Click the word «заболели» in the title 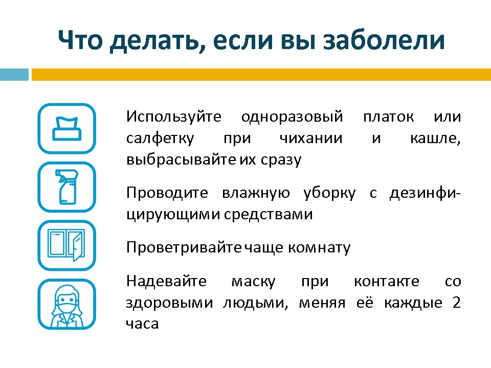(384, 40)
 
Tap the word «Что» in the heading (80, 40)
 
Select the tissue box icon (66, 129)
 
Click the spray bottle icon (66, 187)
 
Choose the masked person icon (66, 304)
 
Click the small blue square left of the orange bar (14, 75)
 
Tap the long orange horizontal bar (261, 75)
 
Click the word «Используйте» (174, 117)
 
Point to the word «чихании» (311, 139)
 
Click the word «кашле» (435, 139)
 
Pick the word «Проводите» (167, 193)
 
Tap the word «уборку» (329, 193)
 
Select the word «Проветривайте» (184, 248)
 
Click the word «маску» (253, 282)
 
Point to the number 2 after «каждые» (457, 303)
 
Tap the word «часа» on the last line (142, 324)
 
